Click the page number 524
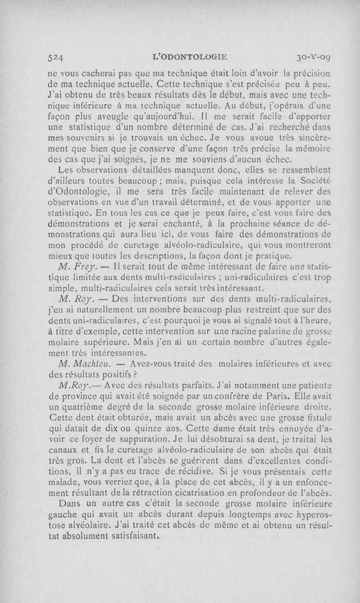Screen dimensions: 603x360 57,57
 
